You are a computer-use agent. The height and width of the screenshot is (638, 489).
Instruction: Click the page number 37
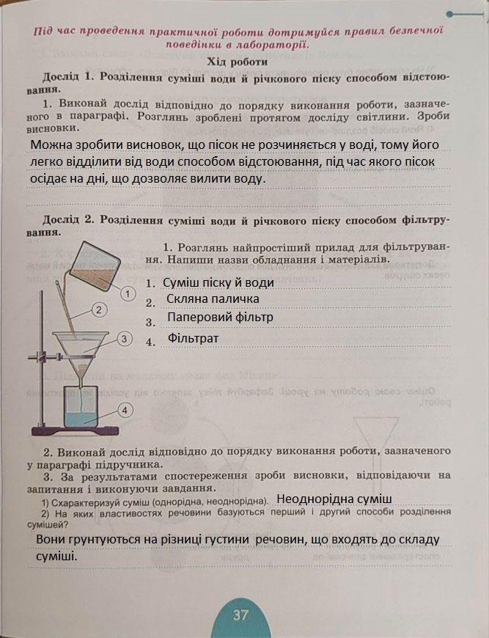[x=241, y=615]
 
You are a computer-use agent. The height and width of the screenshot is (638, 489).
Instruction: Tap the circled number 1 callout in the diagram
[x=128, y=294]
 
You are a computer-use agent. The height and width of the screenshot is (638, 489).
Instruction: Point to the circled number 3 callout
[x=125, y=338]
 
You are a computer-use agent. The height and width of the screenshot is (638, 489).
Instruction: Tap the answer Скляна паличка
[x=213, y=299]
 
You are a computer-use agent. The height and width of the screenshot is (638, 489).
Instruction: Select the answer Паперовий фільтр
[x=220, y=318]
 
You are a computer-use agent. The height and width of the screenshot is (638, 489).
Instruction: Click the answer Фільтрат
[x=194, y=339]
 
